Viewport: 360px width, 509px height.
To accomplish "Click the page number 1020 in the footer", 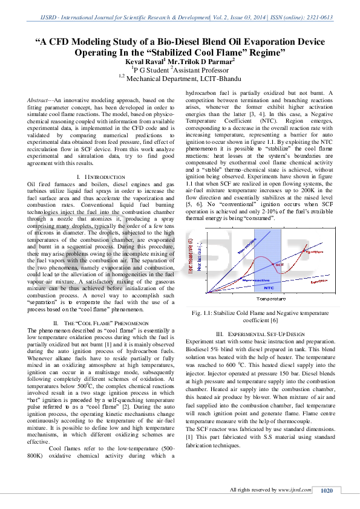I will tap(327, 490).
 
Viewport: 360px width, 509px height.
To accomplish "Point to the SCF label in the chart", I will tap(279, 265).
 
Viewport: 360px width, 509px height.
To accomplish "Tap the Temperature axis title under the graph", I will tap(272, 299).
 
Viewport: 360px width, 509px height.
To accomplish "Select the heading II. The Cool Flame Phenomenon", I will tap(102, 323).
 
